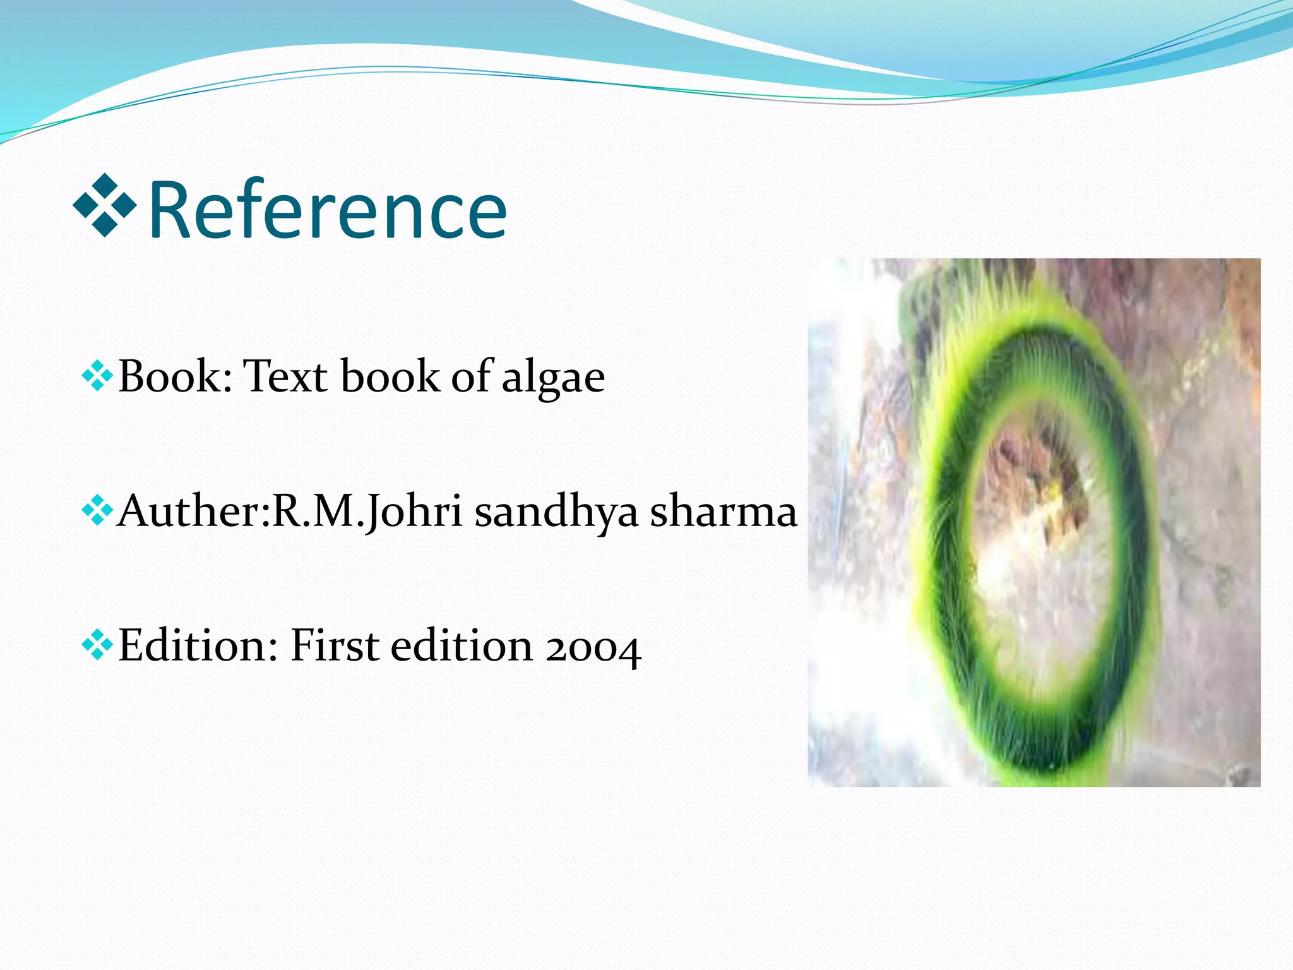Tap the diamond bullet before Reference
coord(105,206)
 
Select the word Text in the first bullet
coord(285,377)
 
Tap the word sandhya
coord(556,512)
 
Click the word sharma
coord(724,512)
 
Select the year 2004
coord(593,648)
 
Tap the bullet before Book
coord(97,377)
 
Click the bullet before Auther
coord(97,511)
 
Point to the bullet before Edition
coord(97,645)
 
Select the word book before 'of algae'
coord(390,377)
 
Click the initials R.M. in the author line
coord(315,511)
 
